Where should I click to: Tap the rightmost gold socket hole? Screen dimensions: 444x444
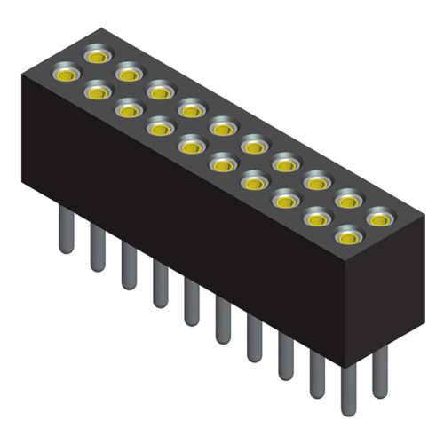pos(380,218)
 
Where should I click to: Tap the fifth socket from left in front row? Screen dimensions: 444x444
pos(191,145)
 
